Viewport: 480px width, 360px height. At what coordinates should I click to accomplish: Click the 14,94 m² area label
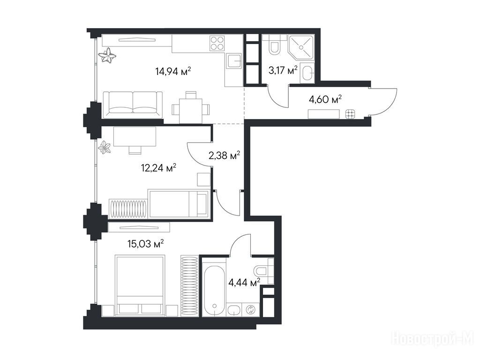173,72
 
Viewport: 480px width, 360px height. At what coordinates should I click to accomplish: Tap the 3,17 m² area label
283,71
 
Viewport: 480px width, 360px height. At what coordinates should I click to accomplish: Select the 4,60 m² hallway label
325,99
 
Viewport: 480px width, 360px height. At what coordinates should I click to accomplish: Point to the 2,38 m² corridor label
224,156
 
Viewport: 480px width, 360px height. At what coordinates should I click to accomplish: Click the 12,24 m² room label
158,168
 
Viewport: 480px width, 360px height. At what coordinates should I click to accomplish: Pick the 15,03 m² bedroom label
145,244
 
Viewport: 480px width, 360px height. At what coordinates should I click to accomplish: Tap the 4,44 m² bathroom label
244,282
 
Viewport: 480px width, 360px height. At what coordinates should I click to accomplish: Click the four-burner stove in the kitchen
217,43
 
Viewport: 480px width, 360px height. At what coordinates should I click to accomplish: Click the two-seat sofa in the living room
133,105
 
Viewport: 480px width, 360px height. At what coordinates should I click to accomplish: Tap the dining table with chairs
191,107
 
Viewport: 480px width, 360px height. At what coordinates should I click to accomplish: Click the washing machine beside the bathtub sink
250,309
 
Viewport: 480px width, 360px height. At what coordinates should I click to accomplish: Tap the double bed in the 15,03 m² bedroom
140,285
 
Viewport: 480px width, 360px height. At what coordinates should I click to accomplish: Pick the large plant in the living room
107,56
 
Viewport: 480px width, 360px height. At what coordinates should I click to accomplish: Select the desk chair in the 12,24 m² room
135,150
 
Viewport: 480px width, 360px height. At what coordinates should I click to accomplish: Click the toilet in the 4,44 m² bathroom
261,271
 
